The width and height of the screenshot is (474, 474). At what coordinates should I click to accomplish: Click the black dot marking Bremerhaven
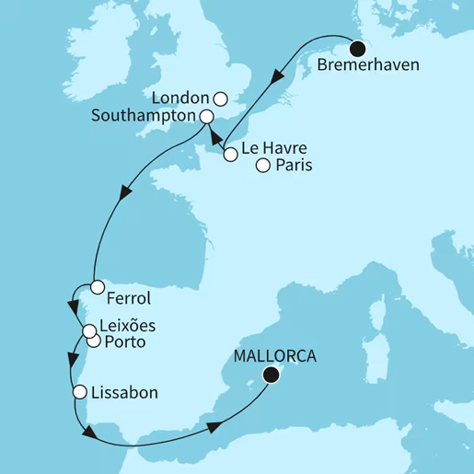pyautogui.click(x=357, y=49)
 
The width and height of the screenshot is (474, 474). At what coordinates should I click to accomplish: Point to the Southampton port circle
pyautogui.click(x=207, y=117)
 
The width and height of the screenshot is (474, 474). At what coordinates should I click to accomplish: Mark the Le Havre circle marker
pyautogui.click(x=231, y=156)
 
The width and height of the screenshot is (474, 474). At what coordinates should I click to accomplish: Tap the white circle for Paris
pyautogui.click(x=263, y=167)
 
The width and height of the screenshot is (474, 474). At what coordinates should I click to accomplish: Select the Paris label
pyautogui.click(x=294, y=167)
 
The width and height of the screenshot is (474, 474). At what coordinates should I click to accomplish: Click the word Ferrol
pyautogui.click(x=128, y=299)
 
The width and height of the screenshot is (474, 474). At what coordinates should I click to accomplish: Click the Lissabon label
pyautogui.click(x=124, y=392)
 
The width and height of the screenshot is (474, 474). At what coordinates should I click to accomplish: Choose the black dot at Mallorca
pyautogui.click(x=271, y=375)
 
